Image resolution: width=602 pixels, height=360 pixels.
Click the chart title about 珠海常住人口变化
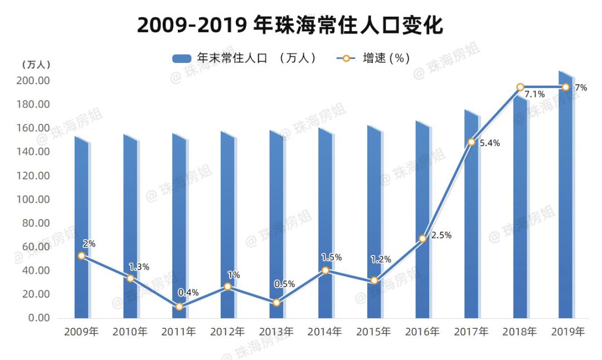[290, 25]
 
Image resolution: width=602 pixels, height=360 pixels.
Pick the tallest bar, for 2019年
[566, 195]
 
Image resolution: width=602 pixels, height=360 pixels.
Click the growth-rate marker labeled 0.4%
[179, 307]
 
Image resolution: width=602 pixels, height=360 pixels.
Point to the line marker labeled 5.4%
[472, 142]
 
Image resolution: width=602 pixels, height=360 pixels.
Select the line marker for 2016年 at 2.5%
[423, 239]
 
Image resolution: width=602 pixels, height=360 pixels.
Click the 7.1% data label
[534, 94]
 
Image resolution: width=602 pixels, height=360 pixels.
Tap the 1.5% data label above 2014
[332, 257]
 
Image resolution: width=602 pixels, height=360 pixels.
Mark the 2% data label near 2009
[89, 244]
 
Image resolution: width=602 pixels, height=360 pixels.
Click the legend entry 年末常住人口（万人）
[245, 58]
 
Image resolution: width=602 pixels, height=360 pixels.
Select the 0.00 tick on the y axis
[39, 318]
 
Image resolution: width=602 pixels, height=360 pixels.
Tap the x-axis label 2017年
[471, 332]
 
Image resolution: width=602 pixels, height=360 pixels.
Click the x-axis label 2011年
[179, 332]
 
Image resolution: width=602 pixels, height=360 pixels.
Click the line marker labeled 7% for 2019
[566, 87]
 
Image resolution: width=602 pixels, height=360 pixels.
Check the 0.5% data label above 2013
[284, 284]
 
